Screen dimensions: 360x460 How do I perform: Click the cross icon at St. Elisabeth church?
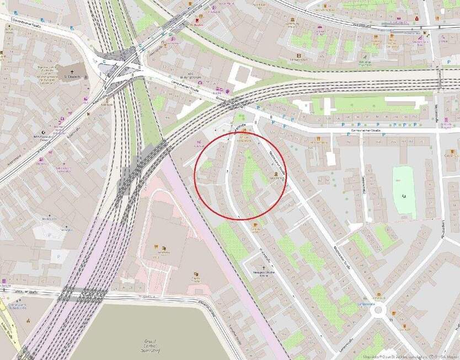(71, 72)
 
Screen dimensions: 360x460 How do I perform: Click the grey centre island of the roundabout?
(378, 310)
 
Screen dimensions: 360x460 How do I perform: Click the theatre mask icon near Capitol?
(196, 274)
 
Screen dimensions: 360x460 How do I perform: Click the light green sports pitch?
(404, 191)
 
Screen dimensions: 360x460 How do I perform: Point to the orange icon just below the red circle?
(254, 224)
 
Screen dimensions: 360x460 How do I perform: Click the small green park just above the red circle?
(240, 117)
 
